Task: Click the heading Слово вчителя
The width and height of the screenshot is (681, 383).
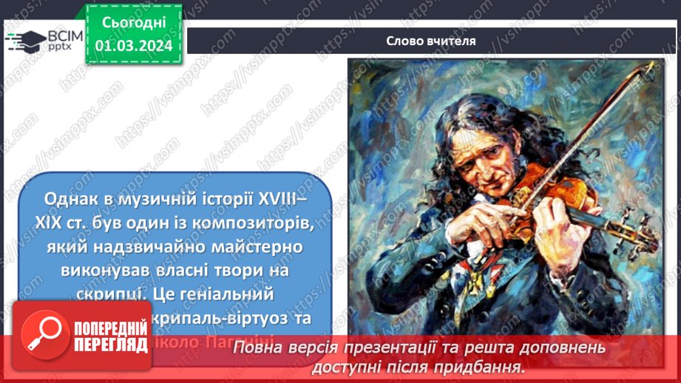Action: tap(431, 41)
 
